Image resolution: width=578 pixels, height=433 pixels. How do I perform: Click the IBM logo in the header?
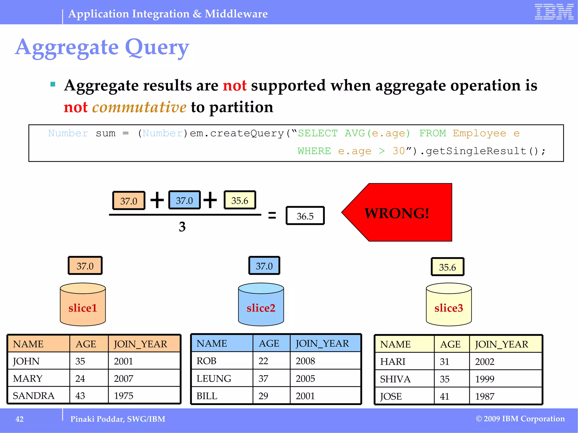554,12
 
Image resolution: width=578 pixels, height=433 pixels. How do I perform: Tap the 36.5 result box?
305,216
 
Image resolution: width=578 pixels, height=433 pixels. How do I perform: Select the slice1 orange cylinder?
83,305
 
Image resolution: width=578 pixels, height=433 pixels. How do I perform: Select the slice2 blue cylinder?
261,305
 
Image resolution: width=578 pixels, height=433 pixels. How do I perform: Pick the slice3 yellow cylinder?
448,305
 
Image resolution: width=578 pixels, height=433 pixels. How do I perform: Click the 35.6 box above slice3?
447,267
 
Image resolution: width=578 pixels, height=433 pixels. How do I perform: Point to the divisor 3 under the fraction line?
182,227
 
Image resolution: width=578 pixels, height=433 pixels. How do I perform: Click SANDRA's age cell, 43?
80,396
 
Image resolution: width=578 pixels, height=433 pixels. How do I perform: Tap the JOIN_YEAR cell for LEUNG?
305,379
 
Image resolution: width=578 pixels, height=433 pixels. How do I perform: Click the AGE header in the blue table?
269,343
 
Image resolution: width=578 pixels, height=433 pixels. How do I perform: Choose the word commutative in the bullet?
139,107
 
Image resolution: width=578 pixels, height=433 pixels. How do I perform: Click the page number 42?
19,419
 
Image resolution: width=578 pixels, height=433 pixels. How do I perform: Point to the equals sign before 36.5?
272,216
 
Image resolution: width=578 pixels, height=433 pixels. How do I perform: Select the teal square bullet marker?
53,84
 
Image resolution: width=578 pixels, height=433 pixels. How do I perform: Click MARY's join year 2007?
124,379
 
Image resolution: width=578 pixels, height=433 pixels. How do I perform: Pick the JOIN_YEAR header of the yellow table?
502,344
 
